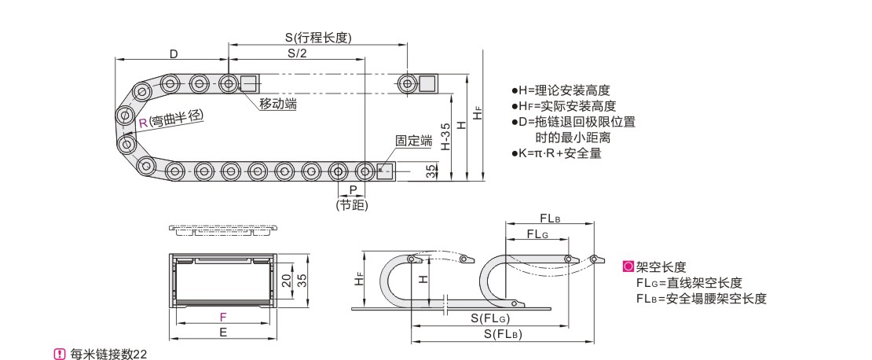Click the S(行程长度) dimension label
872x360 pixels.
(318, 37)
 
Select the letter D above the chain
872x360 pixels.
(174, 53)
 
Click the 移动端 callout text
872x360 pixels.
(278, 104)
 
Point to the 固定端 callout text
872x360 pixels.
(414, 140)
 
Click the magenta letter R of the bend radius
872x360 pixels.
(143, 123)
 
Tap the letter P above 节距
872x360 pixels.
(354, 189)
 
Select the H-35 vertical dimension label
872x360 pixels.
(445, 137)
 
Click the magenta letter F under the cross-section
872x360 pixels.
(223, 317)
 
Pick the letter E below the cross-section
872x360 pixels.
(223, 332)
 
